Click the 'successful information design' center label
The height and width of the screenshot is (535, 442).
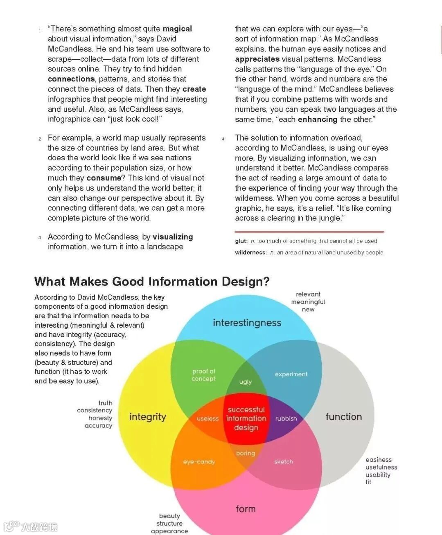pos(246,418)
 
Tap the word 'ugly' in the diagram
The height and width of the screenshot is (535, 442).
pos(245,382)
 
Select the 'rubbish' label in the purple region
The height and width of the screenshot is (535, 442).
pos(286,418)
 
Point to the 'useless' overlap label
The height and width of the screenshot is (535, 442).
pos(207,418)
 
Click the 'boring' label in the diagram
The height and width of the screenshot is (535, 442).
pos(246,453)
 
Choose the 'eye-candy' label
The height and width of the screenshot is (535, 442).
pos(199,462)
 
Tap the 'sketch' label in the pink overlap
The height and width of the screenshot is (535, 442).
pos(284,462)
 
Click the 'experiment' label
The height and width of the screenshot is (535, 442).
pos(291,374)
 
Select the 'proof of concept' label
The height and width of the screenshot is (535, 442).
pos(203,375)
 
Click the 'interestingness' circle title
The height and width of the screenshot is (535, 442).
pos(247,323)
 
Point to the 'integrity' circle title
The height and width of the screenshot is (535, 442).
pos(147,417)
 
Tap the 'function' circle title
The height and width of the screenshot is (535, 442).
pos(344,417)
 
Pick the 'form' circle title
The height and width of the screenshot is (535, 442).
pos(246,509)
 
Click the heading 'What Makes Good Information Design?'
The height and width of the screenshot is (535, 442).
pos(152,281)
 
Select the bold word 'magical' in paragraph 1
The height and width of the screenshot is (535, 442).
pos(177,29)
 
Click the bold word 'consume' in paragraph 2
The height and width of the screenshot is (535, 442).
pos(104,178)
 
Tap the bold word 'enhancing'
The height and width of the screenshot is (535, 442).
pos(318,119)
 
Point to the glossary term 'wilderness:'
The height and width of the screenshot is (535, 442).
pos(251,252)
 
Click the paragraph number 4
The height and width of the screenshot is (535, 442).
pos(223,139)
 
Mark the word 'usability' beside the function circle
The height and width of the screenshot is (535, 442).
pos(378,474)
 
